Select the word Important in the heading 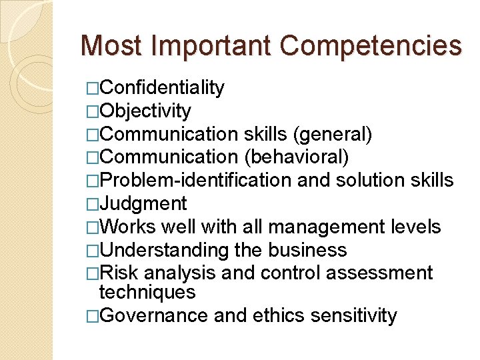click(x=207, y=45)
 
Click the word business click(x=307, y=250)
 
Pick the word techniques click(x=147, y=292)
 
